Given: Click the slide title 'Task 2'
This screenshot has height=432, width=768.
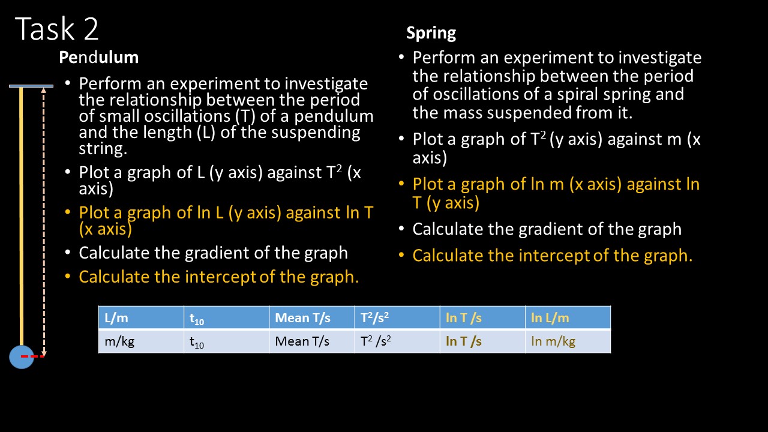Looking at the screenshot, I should click(x=57, y=29).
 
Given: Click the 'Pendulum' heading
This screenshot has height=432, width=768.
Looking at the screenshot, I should click(x=98, y=57).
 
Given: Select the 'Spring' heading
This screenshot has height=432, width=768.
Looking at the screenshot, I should click(x=431, y=32).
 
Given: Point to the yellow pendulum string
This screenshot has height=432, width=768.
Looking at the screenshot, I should click(x=22, y=216).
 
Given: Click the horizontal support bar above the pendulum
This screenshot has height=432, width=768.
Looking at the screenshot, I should click(x=31, y=86).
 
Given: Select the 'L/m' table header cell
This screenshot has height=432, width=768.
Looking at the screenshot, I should click(x=140, y=318).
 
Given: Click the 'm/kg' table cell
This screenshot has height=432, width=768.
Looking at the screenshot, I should click(x=140, y=341).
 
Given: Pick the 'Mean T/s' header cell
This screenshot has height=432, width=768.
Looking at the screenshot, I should click(x=311, y=318).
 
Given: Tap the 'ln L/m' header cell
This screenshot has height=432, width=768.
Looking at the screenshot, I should click(x=567, y=318).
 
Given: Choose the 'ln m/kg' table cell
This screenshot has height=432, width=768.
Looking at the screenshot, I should click(x=567, y=341).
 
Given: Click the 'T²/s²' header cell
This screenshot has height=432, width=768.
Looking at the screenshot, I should click(x=396, y=318).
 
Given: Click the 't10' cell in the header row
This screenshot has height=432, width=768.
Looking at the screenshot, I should click(x=226, y=318).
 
